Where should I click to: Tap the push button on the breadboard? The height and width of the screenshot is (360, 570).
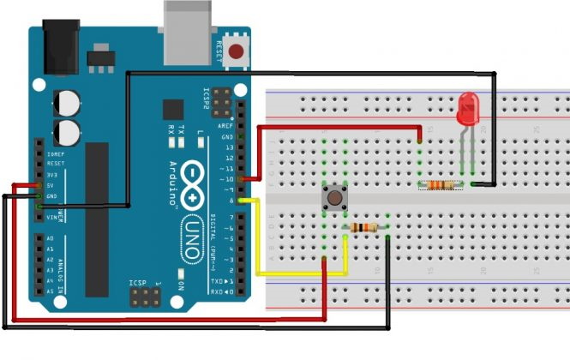click(x=333, y=201)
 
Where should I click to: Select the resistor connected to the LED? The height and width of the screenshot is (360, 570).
click(x=440, y=183)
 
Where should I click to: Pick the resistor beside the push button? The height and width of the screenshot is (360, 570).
click(x=365, y=227)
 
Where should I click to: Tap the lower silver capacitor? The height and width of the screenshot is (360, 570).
click(x=68, y=132)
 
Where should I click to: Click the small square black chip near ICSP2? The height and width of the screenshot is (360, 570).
click(x=173, y=110)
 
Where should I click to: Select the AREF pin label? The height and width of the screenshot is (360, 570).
click(x=225, y=126)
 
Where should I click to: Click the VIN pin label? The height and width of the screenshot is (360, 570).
click(x=51, y=218)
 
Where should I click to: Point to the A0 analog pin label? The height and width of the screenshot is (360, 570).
click(x=50, y=238)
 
